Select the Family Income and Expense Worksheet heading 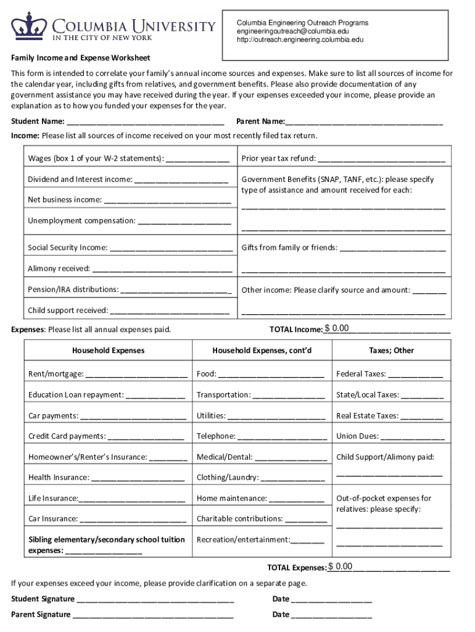[81, 58]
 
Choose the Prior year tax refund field [382, 159]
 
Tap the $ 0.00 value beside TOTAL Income [337, 328]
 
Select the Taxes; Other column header [391, 351]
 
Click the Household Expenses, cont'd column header [262, 351]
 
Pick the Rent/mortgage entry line [136, 374]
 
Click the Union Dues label [357, 436]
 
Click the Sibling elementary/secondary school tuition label [106, 540]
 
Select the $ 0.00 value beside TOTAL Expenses [341, 567]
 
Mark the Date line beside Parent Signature [331, 615]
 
